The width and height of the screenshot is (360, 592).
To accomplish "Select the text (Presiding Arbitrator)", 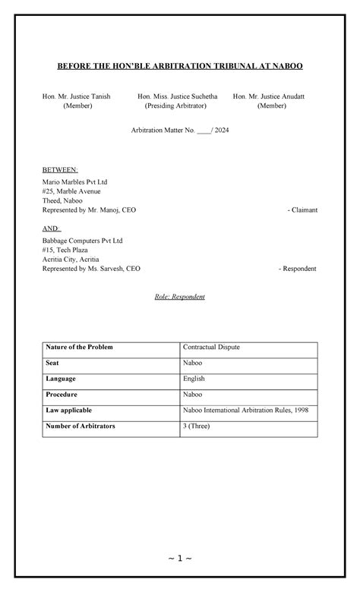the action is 175,106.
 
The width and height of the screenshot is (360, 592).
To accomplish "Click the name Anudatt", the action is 289,96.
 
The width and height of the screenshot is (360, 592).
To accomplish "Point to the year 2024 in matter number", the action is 222,131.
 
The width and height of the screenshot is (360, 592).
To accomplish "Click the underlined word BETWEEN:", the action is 60,169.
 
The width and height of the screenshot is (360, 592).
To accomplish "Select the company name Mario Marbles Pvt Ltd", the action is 74,182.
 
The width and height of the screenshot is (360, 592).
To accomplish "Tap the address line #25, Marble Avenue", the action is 71,191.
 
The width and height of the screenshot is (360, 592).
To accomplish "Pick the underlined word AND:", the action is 52,228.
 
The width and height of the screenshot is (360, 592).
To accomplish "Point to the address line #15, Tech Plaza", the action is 67,250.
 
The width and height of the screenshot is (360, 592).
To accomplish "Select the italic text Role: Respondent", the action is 179,296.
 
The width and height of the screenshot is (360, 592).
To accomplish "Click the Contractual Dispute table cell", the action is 211,348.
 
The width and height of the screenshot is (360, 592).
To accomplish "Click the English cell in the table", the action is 194,379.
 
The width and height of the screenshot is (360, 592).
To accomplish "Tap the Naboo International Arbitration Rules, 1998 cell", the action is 245,411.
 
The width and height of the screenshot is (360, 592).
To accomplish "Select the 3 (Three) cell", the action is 199,427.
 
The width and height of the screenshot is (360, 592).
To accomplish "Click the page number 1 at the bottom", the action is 180,559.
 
